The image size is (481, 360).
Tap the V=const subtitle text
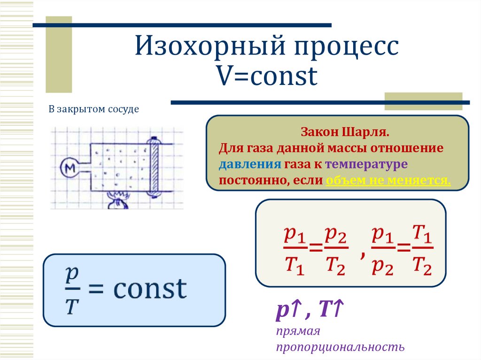coord(266,77)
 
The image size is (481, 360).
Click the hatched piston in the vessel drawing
coord(153,166)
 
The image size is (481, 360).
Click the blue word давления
coord(249,164)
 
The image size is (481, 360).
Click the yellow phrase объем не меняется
coord(388,180)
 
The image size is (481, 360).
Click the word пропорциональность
coord(340,347)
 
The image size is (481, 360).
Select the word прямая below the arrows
coord(298,331)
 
